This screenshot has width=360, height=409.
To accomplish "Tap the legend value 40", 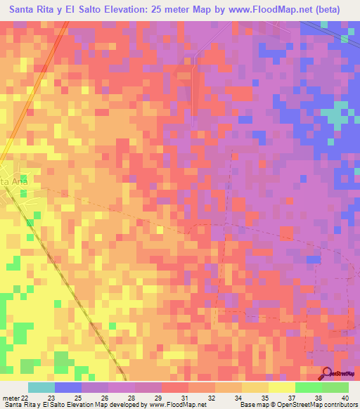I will [x=344, y=397].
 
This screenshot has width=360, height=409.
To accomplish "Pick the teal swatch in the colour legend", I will [x=41, y=387].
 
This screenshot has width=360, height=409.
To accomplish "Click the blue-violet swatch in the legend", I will [x=68, y=387].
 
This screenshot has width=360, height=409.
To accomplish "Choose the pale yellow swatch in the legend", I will [x=282, y=387].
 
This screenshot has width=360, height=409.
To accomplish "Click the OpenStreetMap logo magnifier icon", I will [x=328, y=375].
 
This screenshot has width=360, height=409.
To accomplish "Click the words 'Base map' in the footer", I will [x=252, y=405].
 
